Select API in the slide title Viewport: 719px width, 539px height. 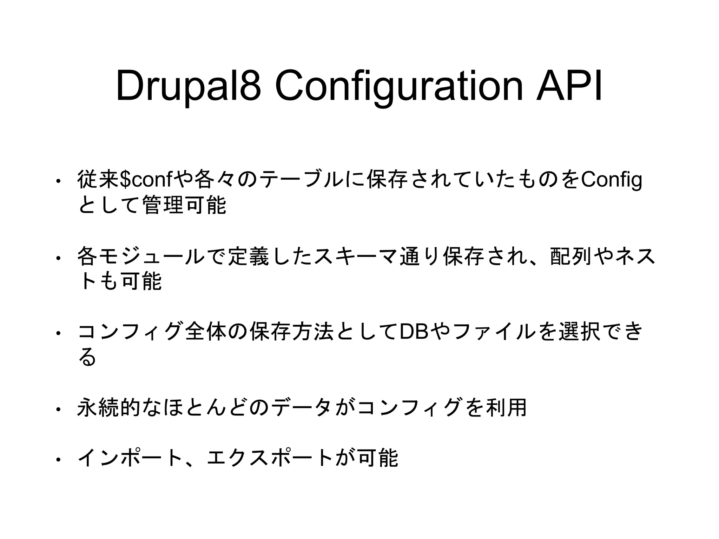pos(569,86)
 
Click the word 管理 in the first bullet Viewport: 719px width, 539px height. pos(162,205)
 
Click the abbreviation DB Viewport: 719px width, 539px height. pos(414,332)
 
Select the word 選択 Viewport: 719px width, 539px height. pos(579,332)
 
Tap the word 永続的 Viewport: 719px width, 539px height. pos(108,407)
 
